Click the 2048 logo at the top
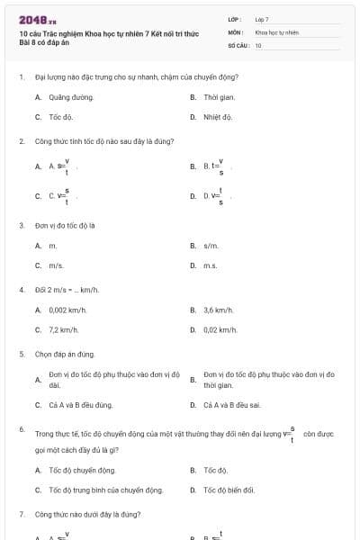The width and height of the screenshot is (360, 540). tap(38, 19)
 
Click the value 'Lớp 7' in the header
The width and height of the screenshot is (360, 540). tap(262, 19)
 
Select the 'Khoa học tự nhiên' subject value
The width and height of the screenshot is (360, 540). tap(276, 31)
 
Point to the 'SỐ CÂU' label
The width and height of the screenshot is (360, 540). tap(238, 45)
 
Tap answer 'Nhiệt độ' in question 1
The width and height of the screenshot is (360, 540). tap(218, 117)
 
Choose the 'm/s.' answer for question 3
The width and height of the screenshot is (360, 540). tap(57, 265)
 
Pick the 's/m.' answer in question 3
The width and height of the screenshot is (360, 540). tap(211, 245)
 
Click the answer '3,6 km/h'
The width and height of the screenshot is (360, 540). tap(218, 310)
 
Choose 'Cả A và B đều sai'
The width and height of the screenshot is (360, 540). tap(232, 405)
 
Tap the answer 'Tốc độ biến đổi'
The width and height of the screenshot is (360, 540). tap(229, 490)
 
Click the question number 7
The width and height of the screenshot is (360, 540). tap(22, 514)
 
